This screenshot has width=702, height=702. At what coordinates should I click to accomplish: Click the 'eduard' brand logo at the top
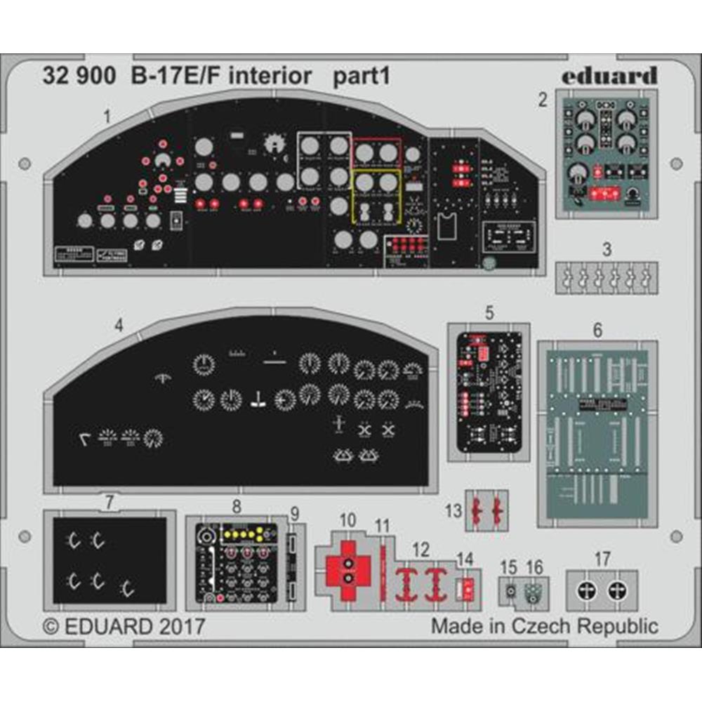coord(609,75)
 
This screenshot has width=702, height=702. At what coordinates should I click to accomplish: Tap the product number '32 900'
coord(79,76)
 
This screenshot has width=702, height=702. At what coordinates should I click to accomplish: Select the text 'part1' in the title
coord(360,77)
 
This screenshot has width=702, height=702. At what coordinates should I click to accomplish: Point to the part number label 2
coord(543,100)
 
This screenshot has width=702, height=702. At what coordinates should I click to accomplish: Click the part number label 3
coord(607,249)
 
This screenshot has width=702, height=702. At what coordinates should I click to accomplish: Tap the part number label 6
coord(597,329)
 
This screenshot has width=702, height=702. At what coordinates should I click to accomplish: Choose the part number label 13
coord(454,510)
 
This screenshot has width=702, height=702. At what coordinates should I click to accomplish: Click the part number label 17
coord(602,559)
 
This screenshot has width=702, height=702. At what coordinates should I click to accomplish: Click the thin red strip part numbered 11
coord(383,572)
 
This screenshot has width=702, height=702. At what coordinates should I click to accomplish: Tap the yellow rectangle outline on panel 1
coord(376,196)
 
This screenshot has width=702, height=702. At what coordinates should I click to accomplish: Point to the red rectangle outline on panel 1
coord(376,152)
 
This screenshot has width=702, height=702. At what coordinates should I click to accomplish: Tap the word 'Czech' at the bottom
coord(538,625)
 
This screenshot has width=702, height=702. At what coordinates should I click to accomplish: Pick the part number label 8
coord(237,505)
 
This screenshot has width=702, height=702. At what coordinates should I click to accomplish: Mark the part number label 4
coord(119,325)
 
